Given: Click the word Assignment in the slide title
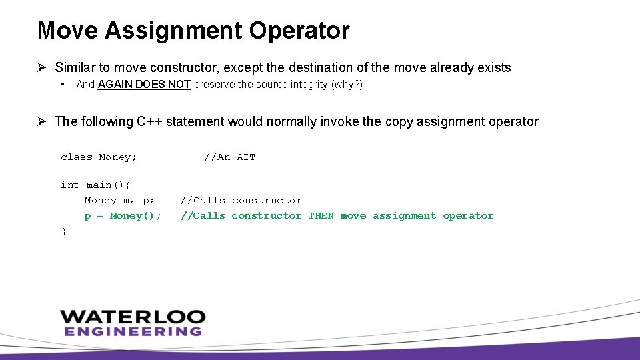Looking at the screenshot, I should [x=171, y=31].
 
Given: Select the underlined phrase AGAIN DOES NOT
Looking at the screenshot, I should [x=145, y=85].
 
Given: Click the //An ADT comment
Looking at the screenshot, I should [x=229, y=157].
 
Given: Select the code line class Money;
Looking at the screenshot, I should [x=99, y=157].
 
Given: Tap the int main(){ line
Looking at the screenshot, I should [x=96, y=185].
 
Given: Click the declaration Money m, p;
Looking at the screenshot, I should [x=119, y=201].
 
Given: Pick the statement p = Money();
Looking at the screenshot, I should [x=123, y=216].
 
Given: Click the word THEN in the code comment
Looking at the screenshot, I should [x=321, y=216].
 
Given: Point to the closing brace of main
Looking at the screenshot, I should [x=63, y=231].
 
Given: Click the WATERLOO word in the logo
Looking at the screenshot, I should [x=133, y=317].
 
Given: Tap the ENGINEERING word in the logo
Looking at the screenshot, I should [x=133, y=331].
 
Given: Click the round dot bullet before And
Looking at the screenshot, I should [x=62, y=85].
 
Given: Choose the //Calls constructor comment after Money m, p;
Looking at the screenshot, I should [x=241, y=201].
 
